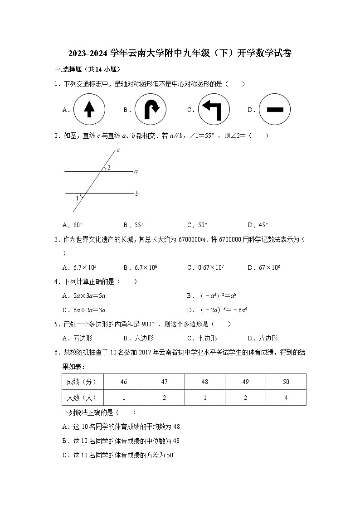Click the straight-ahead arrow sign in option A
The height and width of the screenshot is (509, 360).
click(89, 109)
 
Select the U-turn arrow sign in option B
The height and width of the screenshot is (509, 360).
click(151, 109)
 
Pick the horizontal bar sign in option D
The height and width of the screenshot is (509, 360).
click(275, 109)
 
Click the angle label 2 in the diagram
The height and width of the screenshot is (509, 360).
click(109, 167)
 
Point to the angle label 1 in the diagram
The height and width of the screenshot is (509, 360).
click(77, 198)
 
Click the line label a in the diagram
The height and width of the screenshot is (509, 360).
click(136, 171)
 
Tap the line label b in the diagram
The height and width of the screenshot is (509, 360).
click(136, 194)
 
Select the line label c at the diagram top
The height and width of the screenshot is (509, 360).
click(118, 150)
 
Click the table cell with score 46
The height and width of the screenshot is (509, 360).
click(123, 382)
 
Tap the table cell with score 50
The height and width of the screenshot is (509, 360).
click(286, 382)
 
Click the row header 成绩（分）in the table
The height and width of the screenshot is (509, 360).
click(83, 382)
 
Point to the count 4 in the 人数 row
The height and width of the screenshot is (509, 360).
click(286, 398)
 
